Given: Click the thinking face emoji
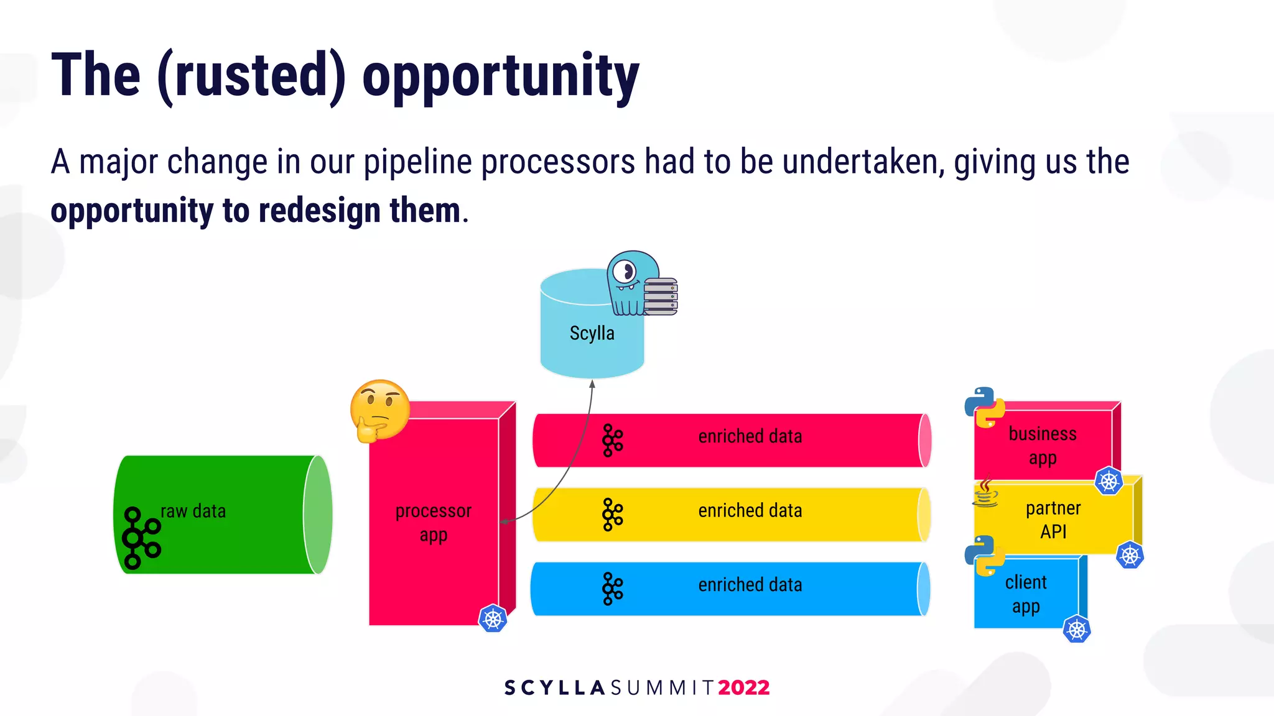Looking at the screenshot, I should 379,410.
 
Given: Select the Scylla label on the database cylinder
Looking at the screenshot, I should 592,333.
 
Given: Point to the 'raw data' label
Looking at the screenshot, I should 193,511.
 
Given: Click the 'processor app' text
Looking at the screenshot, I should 433,522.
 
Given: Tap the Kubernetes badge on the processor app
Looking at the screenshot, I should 493,618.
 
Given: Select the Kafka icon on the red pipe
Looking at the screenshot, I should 612,441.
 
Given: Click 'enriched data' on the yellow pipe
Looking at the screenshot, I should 750,511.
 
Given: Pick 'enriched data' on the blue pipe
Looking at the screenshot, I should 750,585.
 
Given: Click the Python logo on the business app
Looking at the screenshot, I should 985,407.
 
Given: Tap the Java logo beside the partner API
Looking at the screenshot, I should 985,492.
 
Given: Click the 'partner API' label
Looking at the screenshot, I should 1053,520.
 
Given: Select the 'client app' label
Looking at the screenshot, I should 1025,594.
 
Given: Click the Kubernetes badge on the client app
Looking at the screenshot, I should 1076,629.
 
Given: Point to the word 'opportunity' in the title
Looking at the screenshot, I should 500,76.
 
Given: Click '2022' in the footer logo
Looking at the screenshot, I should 743,687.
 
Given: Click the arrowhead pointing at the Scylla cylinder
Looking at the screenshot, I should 592,384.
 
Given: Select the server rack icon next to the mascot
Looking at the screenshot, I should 660,296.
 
